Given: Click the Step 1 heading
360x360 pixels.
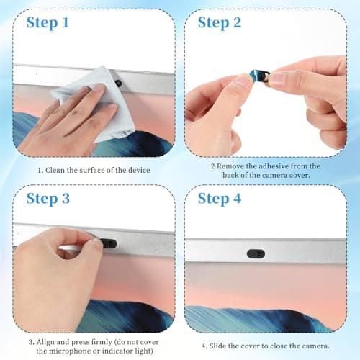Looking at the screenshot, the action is pos(48,23).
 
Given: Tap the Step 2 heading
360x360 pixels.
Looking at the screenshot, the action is pos(220,23).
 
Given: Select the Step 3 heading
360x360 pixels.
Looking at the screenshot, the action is pos(48,199).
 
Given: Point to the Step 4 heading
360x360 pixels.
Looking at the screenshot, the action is pos(220,199).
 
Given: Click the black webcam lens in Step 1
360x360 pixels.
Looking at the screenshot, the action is pos(118,83).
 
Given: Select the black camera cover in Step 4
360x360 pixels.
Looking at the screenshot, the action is pos(256,254).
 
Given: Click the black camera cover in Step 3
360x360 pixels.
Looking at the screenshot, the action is pos(109,243).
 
